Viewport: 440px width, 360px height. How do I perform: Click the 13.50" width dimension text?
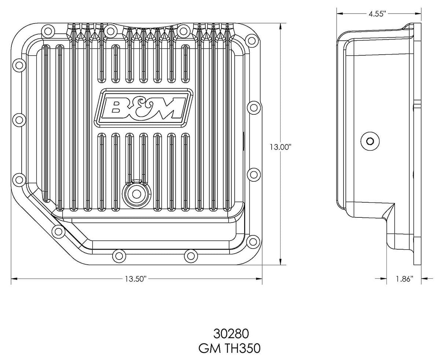click(x=135, y=279)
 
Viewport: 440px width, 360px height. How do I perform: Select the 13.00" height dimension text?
click(x=280, y=147)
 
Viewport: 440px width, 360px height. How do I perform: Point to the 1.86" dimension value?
click(x=404, y=279)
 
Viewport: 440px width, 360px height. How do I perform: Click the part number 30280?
click(x=231, y=334)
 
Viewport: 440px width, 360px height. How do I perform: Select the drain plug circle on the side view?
click(x=370, y=141)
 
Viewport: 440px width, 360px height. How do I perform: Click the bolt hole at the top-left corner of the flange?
click(x=48, y=31)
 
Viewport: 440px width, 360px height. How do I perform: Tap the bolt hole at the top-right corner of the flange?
click(x=251, y=40)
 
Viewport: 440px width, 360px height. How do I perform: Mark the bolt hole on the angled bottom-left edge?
click(x=58, y=231)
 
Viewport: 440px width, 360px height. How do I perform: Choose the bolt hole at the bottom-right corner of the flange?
click(x=252, y=241)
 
